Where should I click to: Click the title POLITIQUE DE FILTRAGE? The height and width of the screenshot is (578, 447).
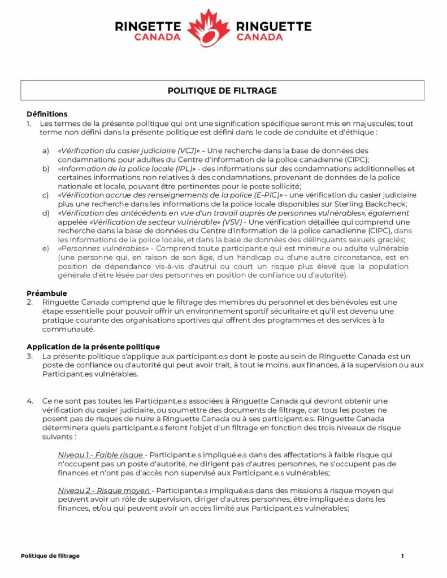coord(222,90)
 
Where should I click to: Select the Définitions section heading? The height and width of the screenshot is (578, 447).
coord(47,114)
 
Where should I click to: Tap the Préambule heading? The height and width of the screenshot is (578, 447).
coord(47,294)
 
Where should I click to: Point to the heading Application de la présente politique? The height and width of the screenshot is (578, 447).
coord(93,347)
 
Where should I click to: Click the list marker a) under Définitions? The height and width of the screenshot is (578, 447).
coord(45,151)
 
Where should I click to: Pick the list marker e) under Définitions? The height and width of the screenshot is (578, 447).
coord(45,248)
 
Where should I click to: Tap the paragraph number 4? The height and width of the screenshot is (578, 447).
coord(30,401)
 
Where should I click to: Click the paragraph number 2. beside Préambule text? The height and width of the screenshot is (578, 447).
coord(30,303)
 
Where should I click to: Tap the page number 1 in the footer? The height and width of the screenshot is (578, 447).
coord(402,556)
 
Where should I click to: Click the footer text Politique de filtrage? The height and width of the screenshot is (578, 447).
coord(50,556)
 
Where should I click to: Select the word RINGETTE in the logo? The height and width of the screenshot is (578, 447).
coord(147,26)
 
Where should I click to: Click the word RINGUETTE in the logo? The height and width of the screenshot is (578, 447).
coord(274,26)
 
